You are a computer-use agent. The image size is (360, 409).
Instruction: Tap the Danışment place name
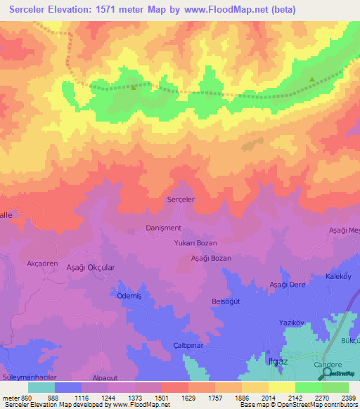click(x=163, y=228)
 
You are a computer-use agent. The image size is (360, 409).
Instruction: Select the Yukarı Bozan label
click(x=195, y=242)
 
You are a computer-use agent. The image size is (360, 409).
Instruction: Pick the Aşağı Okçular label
click(x=90, y=268)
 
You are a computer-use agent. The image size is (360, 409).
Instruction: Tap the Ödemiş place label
click(x=130, y=295)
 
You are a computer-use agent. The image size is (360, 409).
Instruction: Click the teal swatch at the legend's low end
click(x=41, y=387)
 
